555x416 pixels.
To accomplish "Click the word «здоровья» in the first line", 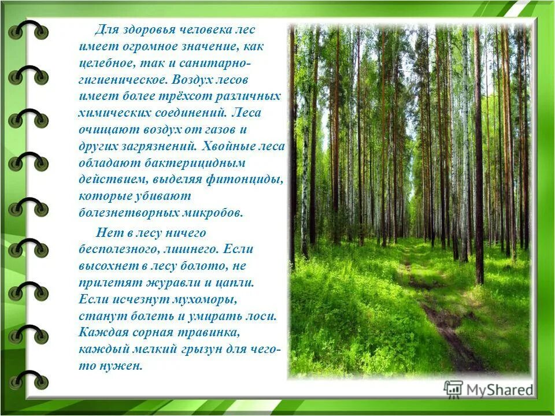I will pos(143,29).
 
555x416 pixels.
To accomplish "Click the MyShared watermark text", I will pos(499,390).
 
